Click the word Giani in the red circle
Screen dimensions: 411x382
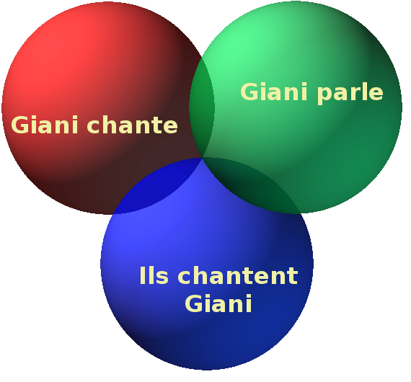coord(45,125)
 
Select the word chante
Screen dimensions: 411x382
coord(133,124)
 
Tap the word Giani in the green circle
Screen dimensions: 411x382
coord(274,92)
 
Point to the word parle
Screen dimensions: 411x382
coord(350,94)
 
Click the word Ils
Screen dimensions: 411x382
coord(154,275)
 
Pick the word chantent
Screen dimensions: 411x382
coord(238,275)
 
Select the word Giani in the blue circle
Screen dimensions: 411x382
coord(218,303)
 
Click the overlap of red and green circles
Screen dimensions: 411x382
coord(202,107)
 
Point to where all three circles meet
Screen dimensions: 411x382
coord(202,158)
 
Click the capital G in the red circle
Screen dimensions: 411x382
coord(20,125)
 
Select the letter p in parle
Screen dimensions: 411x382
coord(323,95)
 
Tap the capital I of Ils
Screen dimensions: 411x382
coord(142,275)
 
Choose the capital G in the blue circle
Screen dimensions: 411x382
coord(194,303)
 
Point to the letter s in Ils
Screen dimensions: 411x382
coord(162,277)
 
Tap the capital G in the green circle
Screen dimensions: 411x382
coord(249,92)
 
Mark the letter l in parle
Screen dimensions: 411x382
coord(363,91)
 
